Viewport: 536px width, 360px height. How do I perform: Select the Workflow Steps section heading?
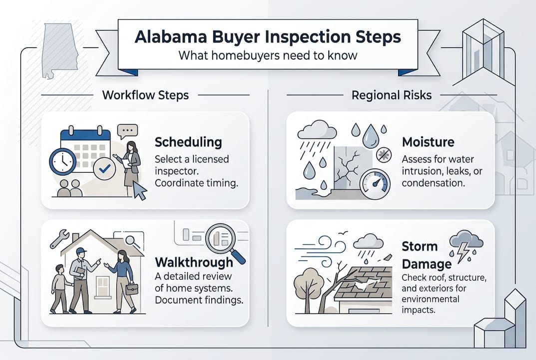(145, 95)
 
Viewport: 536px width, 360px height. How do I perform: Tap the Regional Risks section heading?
(391, 95)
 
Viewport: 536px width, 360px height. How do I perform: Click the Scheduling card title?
(188, 142)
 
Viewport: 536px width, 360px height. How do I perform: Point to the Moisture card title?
(428, 142)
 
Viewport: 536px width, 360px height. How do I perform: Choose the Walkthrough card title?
(194, 262)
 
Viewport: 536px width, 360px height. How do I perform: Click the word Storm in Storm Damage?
(420, 246)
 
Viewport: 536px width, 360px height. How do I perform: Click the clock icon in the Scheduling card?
(63, 161)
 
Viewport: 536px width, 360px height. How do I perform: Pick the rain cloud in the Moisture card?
(316, 132)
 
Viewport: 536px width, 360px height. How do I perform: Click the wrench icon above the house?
(59, 238)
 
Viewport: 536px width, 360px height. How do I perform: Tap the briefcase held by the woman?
(132, 289)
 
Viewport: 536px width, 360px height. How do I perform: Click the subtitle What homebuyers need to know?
(268, 55)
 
